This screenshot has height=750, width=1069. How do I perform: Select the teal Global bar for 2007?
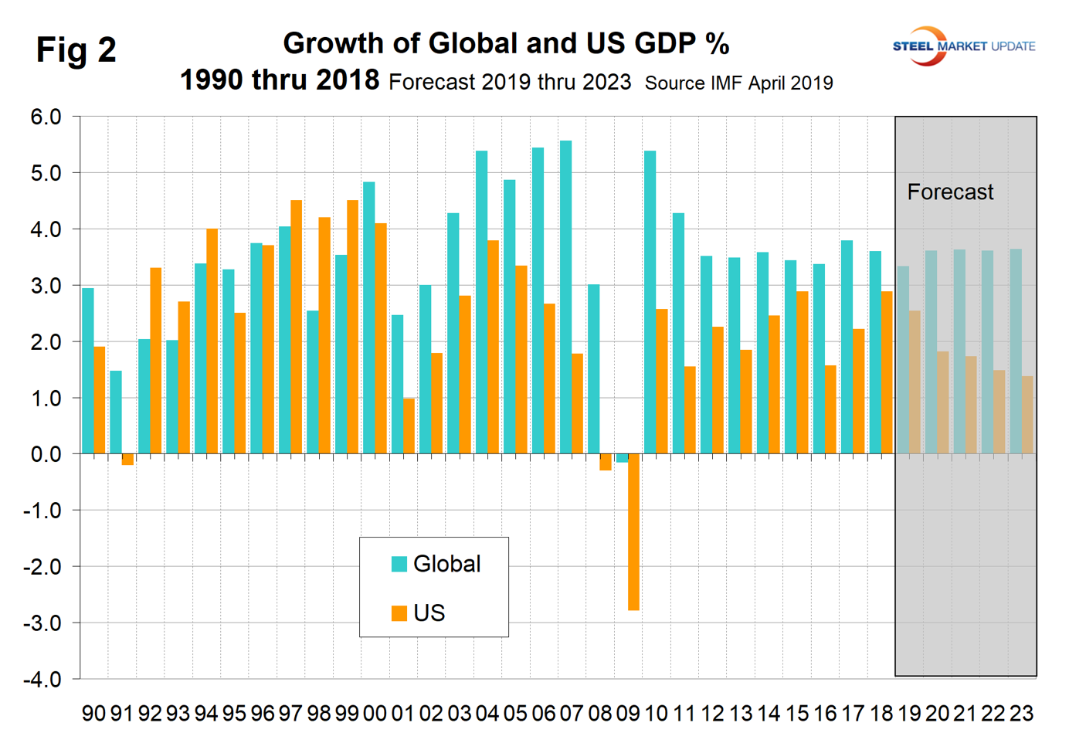point(566,297)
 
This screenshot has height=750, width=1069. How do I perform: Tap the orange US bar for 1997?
point(297,327)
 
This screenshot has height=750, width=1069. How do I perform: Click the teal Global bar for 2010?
point(650,302)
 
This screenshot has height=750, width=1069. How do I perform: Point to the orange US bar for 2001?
point(409,426)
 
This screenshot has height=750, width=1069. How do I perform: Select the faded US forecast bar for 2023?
point(1027,415)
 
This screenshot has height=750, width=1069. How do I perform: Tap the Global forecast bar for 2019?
point(903,360)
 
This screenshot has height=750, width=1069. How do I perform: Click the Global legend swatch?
point(399,564)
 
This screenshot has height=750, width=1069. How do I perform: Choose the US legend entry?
point(429,613)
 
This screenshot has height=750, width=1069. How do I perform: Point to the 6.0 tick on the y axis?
point(46,117)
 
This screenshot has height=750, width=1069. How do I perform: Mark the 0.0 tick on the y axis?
point(46,454)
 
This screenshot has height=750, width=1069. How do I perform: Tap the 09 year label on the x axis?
point(628,714)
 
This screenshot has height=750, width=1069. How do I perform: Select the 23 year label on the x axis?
point(1021,714)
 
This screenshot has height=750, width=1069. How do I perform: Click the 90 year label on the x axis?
point(93,714)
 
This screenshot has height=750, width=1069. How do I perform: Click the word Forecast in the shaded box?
point(950,192)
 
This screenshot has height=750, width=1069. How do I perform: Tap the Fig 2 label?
point(76,50)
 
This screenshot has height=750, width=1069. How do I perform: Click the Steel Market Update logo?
point(963,46)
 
